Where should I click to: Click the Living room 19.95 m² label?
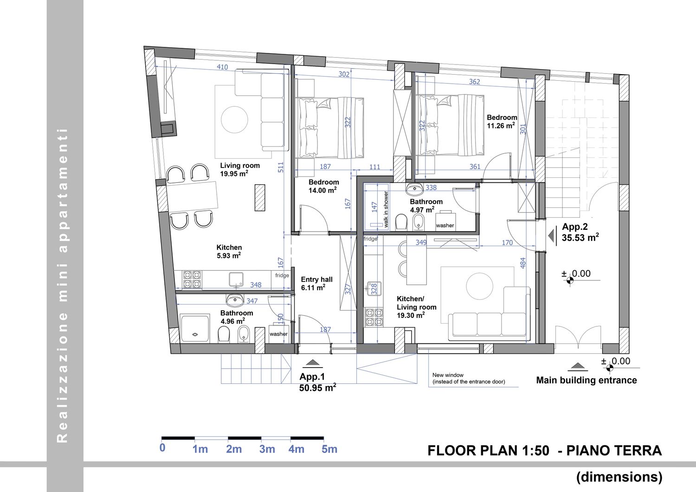point(240,170)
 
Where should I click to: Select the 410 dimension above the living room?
point(222,67)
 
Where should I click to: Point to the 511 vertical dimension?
point(281,167)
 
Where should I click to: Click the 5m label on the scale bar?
point(329,449)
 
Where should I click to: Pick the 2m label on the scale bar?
point(234,449)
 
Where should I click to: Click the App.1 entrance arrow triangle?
point(312,362)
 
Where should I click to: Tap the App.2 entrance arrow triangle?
point(551,236)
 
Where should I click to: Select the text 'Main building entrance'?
point(586,380)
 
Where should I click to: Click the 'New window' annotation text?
point(448,375)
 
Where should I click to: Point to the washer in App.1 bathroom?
point(278,333)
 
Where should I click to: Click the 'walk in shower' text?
point(386,209)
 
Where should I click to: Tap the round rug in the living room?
point(234,120)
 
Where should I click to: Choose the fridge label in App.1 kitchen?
point(282,275)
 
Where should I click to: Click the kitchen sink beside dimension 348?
point(236,279)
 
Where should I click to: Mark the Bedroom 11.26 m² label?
point(502,122)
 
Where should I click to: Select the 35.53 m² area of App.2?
point(580,238)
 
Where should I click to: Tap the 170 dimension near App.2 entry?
point(507,242)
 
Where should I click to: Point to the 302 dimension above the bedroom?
point(344,74)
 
